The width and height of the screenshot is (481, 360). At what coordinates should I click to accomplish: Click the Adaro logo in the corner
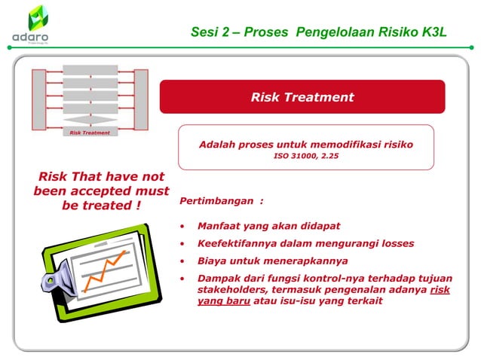[32, 24]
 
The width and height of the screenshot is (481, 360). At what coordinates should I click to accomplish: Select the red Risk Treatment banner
[302, 97]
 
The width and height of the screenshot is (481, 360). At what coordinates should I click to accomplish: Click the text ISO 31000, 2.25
[305, 158]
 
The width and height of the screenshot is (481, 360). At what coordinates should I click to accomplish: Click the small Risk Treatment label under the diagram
[90, 133]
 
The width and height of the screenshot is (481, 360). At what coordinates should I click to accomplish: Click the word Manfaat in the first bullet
[219, 226]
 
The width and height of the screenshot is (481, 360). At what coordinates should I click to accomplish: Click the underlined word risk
[440, 290]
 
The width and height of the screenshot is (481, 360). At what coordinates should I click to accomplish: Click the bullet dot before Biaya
[182, 261]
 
